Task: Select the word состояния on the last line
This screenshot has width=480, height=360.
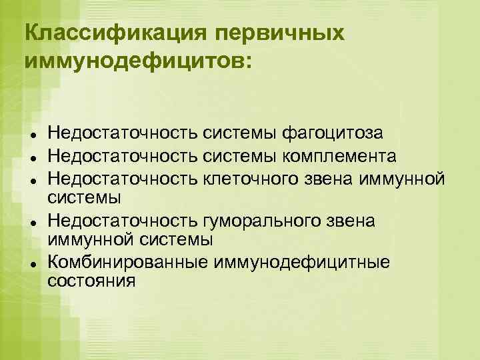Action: click(x=92, y=280)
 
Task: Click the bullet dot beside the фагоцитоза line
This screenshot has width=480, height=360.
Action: click(x=33, y=136)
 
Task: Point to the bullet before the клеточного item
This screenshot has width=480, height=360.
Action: click(x=33, y=180)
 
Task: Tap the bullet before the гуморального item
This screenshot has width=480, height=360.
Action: click(x=33, y=222)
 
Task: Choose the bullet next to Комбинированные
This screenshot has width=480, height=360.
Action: click(x=33, y=264)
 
